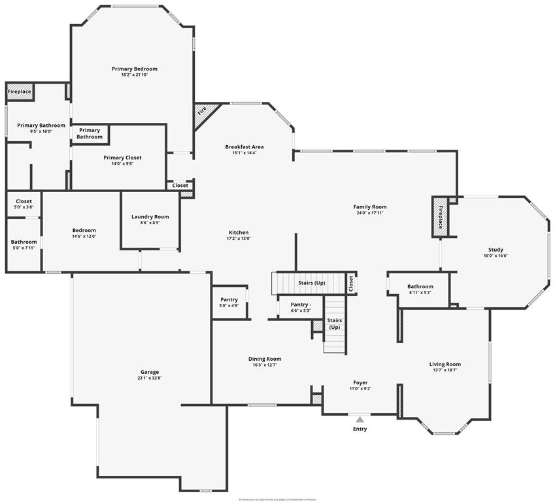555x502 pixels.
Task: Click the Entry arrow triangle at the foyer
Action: click(360, 419)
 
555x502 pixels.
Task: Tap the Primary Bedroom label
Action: click(135, 69)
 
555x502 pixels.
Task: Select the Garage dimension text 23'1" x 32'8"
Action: click(148, 378)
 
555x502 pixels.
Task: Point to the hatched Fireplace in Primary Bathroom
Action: click(20, 92)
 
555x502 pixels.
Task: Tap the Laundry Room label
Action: click(150, 217)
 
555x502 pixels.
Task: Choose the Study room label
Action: click(496, 250)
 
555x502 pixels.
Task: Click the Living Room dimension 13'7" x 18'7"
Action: click(445, 370)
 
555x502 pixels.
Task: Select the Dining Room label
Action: click(265, 359)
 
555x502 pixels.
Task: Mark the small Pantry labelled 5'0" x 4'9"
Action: click(229, 302)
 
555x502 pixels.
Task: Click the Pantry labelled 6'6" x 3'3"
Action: click(301, 307)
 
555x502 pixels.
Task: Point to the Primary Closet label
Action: click(122, 158)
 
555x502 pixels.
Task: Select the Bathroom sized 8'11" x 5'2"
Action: click(420, 290)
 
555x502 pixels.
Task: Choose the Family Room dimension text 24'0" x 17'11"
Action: click(369, 212)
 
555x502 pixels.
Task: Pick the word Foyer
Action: click(360, 383)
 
